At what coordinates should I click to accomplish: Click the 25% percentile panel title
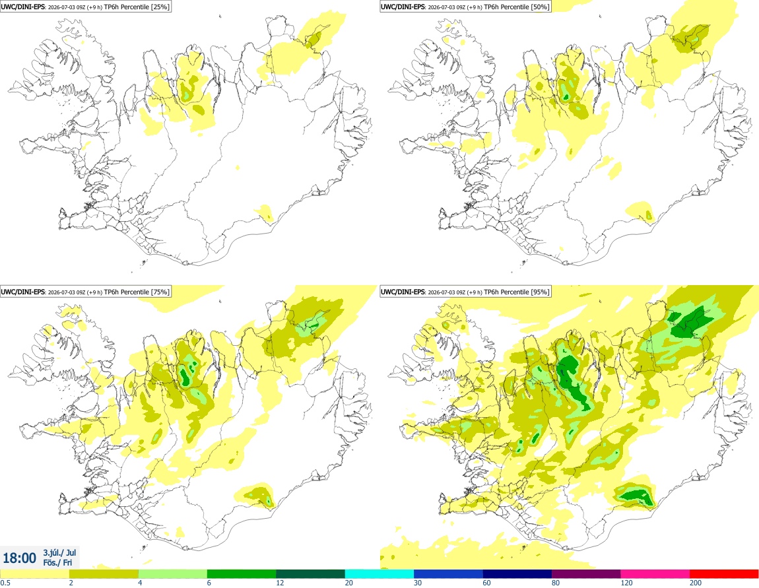click(86, 7)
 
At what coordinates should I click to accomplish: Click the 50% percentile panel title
click(466, 7)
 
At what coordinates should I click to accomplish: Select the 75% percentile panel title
click(86, 292)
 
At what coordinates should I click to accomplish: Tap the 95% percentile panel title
click(466, 292)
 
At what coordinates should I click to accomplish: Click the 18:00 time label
click(19, 558)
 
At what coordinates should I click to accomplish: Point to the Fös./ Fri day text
click(57, 562)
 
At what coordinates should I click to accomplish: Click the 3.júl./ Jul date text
click(59, 552)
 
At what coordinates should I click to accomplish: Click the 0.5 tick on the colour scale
click(5, 583)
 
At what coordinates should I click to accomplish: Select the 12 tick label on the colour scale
click(280, 583)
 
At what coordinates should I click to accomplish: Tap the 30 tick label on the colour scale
click(417, 583)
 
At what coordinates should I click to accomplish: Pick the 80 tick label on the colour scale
click(555, 583)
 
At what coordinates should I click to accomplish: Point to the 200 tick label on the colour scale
click(696, 583)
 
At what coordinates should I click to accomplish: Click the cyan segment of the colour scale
click(379, 574)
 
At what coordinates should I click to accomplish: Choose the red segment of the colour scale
click(724, 574)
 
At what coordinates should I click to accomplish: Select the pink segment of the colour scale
click(655, 574)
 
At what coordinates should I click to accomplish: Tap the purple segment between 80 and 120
click(586, 574)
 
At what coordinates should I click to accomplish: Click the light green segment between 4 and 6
click(173, 574)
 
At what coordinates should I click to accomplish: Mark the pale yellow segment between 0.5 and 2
click(35, 574)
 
